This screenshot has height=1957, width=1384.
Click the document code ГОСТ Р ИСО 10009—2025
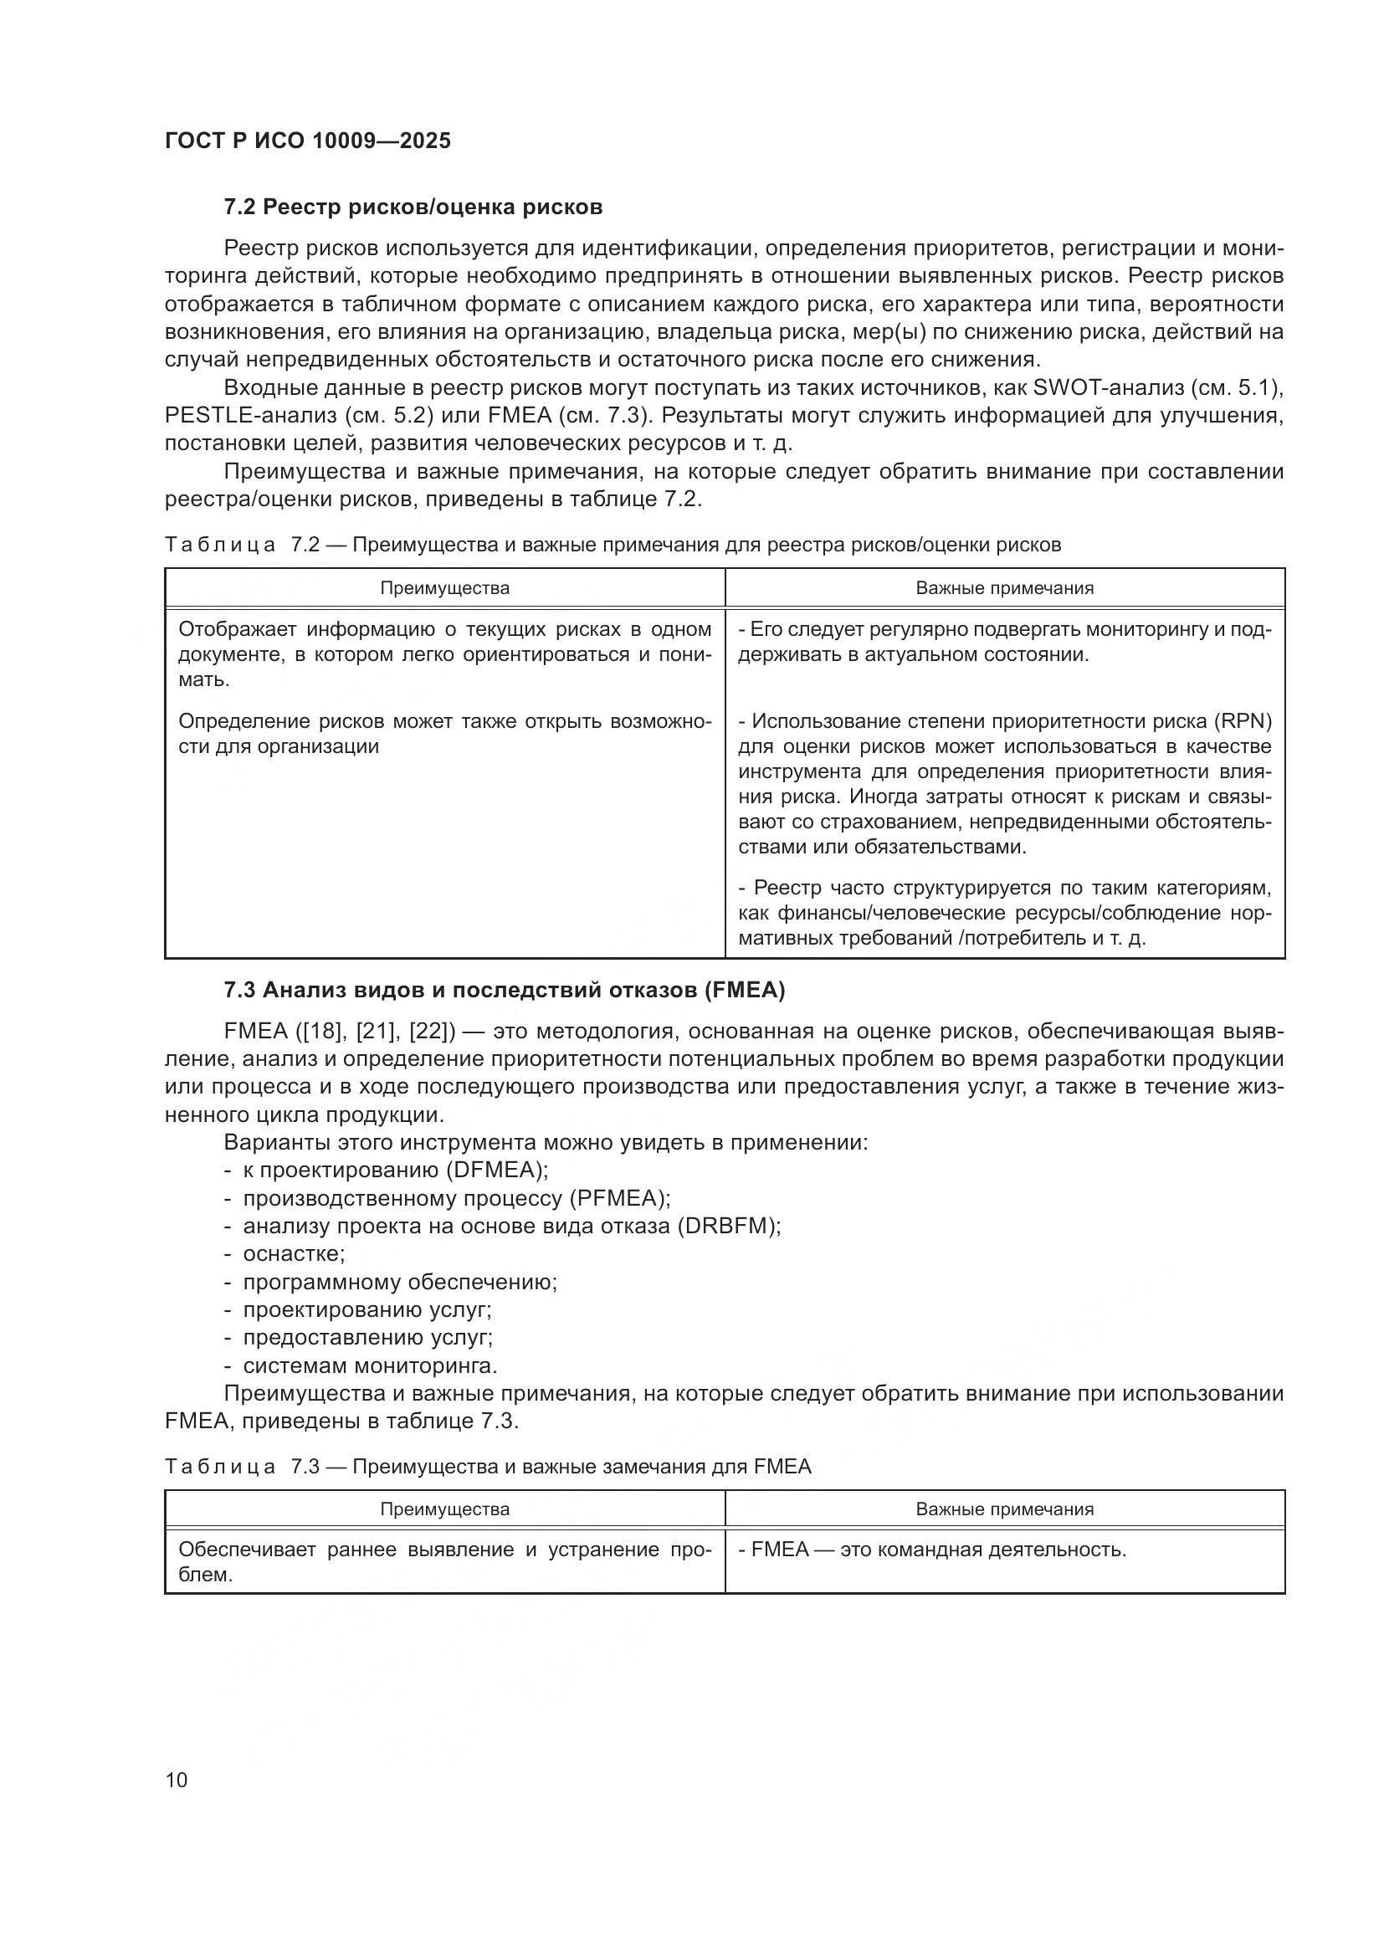[308, 141]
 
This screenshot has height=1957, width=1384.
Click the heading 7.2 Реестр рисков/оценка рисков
[413, 207]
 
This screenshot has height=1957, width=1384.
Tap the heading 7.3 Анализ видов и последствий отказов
[504, 991]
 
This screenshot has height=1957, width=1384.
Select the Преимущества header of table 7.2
[445, 588]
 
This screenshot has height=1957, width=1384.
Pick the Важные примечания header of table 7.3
[1005, 1509]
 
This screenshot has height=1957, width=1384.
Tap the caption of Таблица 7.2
[613, 546]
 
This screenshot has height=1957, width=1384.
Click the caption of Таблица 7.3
[488, 1467]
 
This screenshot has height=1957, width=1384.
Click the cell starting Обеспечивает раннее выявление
[444, 1561]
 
